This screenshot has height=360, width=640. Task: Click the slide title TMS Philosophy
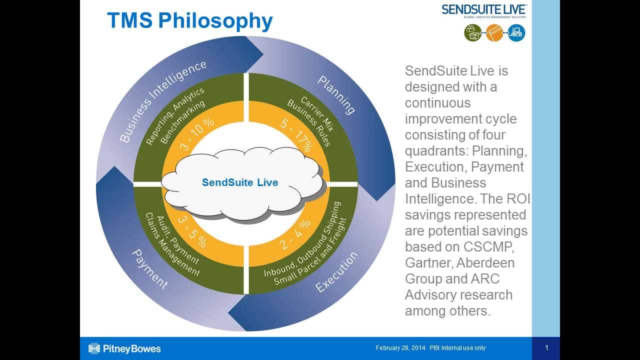pyautogui.click(x=190, y=21)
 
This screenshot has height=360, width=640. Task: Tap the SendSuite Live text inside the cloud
pyautogui.click(x=240, y=182)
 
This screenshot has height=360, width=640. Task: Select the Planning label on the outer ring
pyautogui.click(x=336, y=95)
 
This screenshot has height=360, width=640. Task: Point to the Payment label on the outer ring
pyautogui.click(x=149, y=269)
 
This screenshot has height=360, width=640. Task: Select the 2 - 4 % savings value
pyautogui.click(x=295, y=234)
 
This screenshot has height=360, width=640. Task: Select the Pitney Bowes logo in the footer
pyautogui.click(x=124, y=348)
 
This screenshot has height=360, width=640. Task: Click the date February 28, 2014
pyautogui.click(x=400, y=348)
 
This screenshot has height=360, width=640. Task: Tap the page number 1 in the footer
pyautogui.click(x=546, y=348)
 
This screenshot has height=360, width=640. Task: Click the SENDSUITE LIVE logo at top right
pyautogui.click(x=483, y=9)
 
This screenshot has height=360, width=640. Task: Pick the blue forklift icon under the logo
pyautogui.click(x=516, y=33)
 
